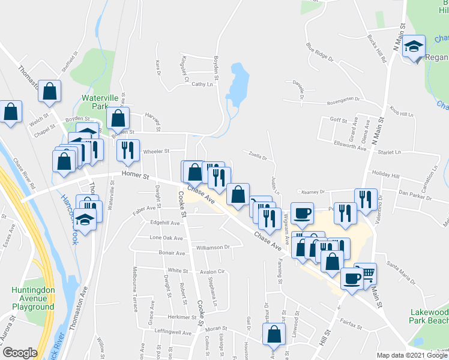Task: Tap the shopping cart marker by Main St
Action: [x=366, y=274]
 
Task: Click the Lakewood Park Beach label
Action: [x=429, y=316]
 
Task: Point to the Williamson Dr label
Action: [x=211, y=247]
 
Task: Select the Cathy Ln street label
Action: [x=202, y=85]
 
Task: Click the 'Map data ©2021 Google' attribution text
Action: [x=411, y=355]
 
